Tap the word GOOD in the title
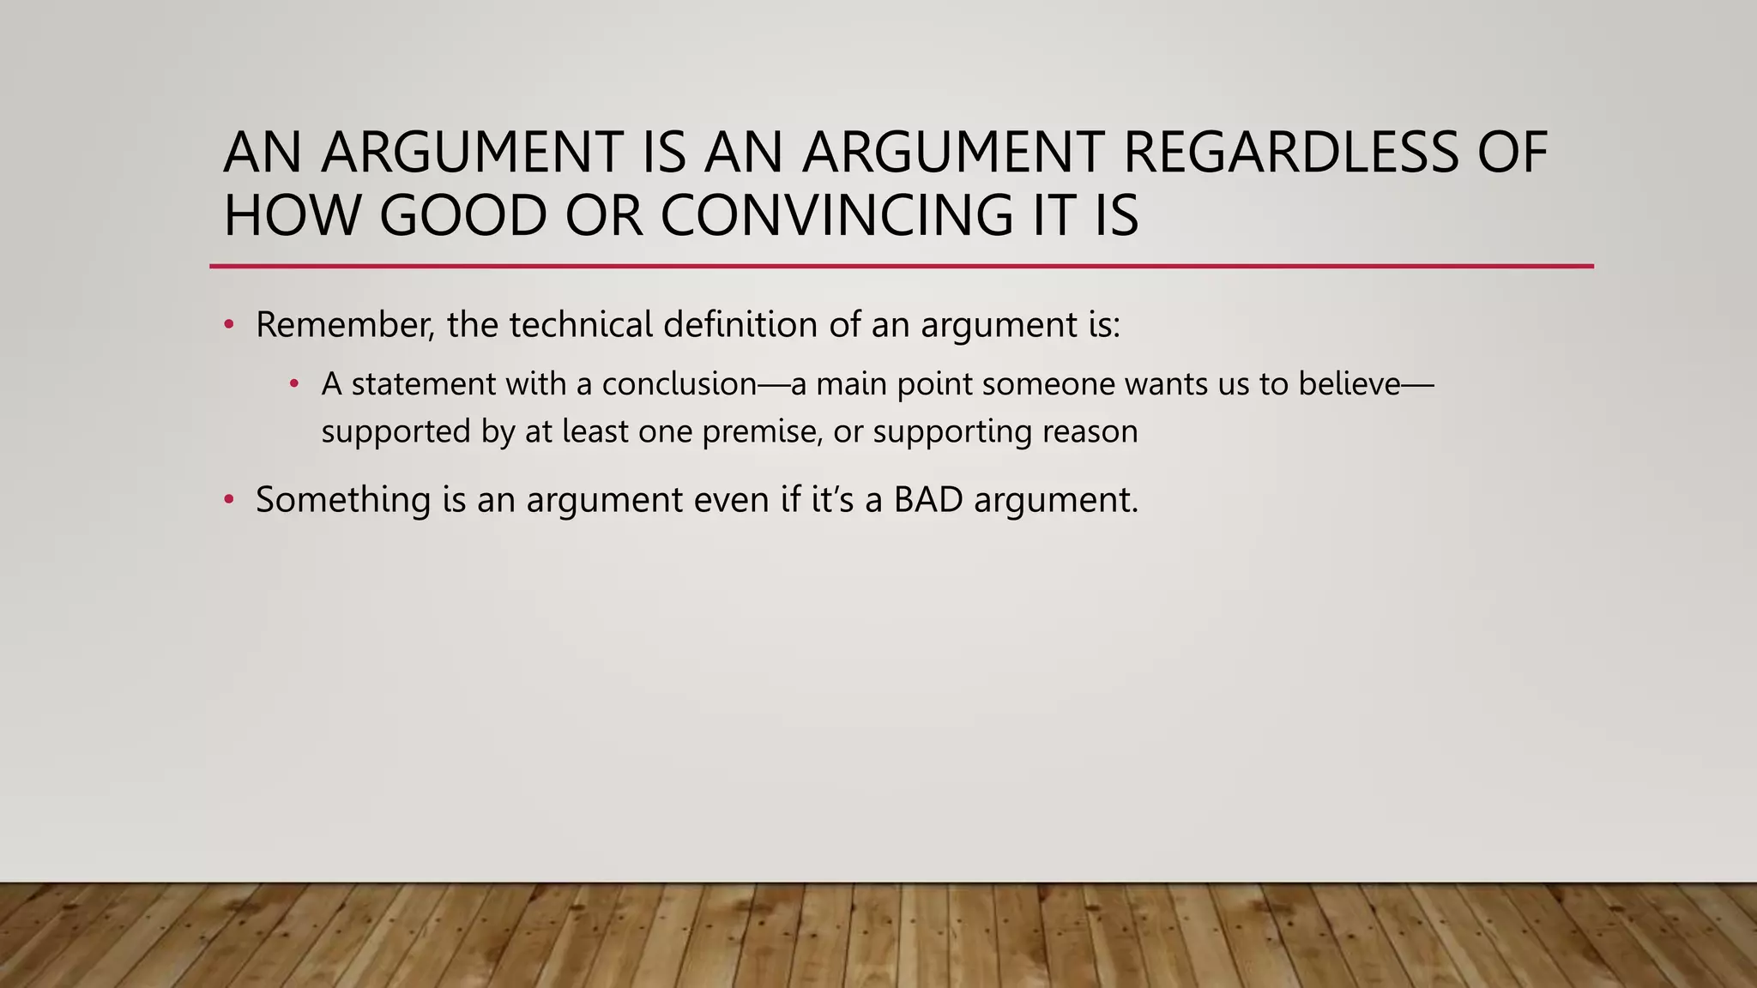tap(462, 215)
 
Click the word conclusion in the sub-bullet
tap(679, 384)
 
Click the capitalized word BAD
tap(928, 500)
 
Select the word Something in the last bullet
tap(343, 500)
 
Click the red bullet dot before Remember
tap(229, 326)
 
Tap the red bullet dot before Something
tap(229, 500)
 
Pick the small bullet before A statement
tap(294, 384)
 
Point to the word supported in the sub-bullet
tap(395, 431)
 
